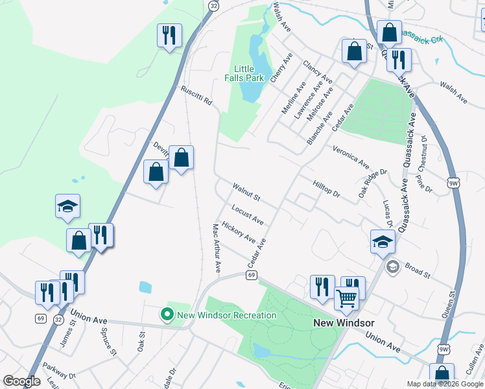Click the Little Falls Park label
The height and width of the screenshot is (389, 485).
pyautogui.click(x=249, y=73)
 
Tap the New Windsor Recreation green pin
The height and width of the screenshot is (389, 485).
pyautogui.click(x=167, y=315)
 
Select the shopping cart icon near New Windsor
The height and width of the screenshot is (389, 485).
pyautogui.click(x=347, y=298)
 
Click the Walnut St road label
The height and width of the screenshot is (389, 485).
pyautogui.click(x=246, y=192)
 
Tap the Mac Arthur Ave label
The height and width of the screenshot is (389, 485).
pyautogui.click(x=217, y=248)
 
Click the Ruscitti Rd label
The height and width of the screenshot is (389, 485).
pyautogui.click(x=196, y=97)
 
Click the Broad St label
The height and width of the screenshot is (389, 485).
pyautogui.click(x=417, y=270)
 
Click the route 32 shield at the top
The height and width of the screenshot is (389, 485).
pyautogui.click(x=213, y=5)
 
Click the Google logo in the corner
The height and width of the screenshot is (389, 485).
pyautogui.click(x=21, y=381)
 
